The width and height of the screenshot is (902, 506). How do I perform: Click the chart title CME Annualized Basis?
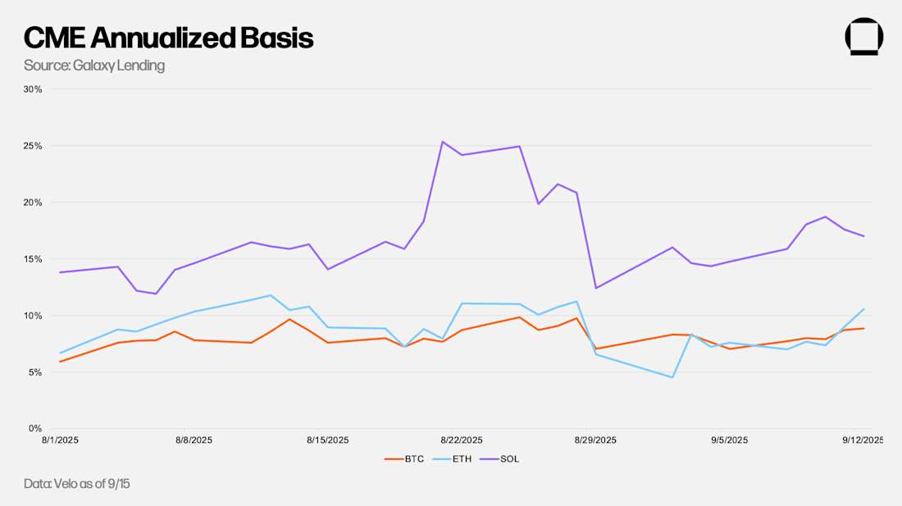[x=168, y=38]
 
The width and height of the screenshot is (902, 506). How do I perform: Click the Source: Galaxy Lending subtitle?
[x=94, y=66]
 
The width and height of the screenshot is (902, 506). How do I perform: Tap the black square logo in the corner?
[x=863, y=37]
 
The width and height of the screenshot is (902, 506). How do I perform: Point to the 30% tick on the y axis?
[x=33, y=89]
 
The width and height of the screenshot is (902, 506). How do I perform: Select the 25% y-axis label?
[x=33, y=146]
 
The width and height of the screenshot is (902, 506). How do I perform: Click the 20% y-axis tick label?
[x=33, y=203]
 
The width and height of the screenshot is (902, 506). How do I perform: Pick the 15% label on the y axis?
[x=33, y=259]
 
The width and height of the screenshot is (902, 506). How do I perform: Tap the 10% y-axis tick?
[x=33, y=316]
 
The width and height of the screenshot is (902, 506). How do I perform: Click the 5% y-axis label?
[x=35, y=372]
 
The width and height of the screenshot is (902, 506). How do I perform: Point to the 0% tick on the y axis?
[x=35, y=429]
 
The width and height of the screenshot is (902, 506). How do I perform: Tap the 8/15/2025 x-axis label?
[x=327, y=440]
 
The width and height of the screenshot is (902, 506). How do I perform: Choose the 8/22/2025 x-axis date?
[x=462, y=440]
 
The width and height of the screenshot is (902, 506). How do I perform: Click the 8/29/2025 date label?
[x=595, y=440]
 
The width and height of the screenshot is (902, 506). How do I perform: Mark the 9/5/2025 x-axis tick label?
[x=728, y=440]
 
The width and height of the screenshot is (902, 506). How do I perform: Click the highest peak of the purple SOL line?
[x=443, y=142]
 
